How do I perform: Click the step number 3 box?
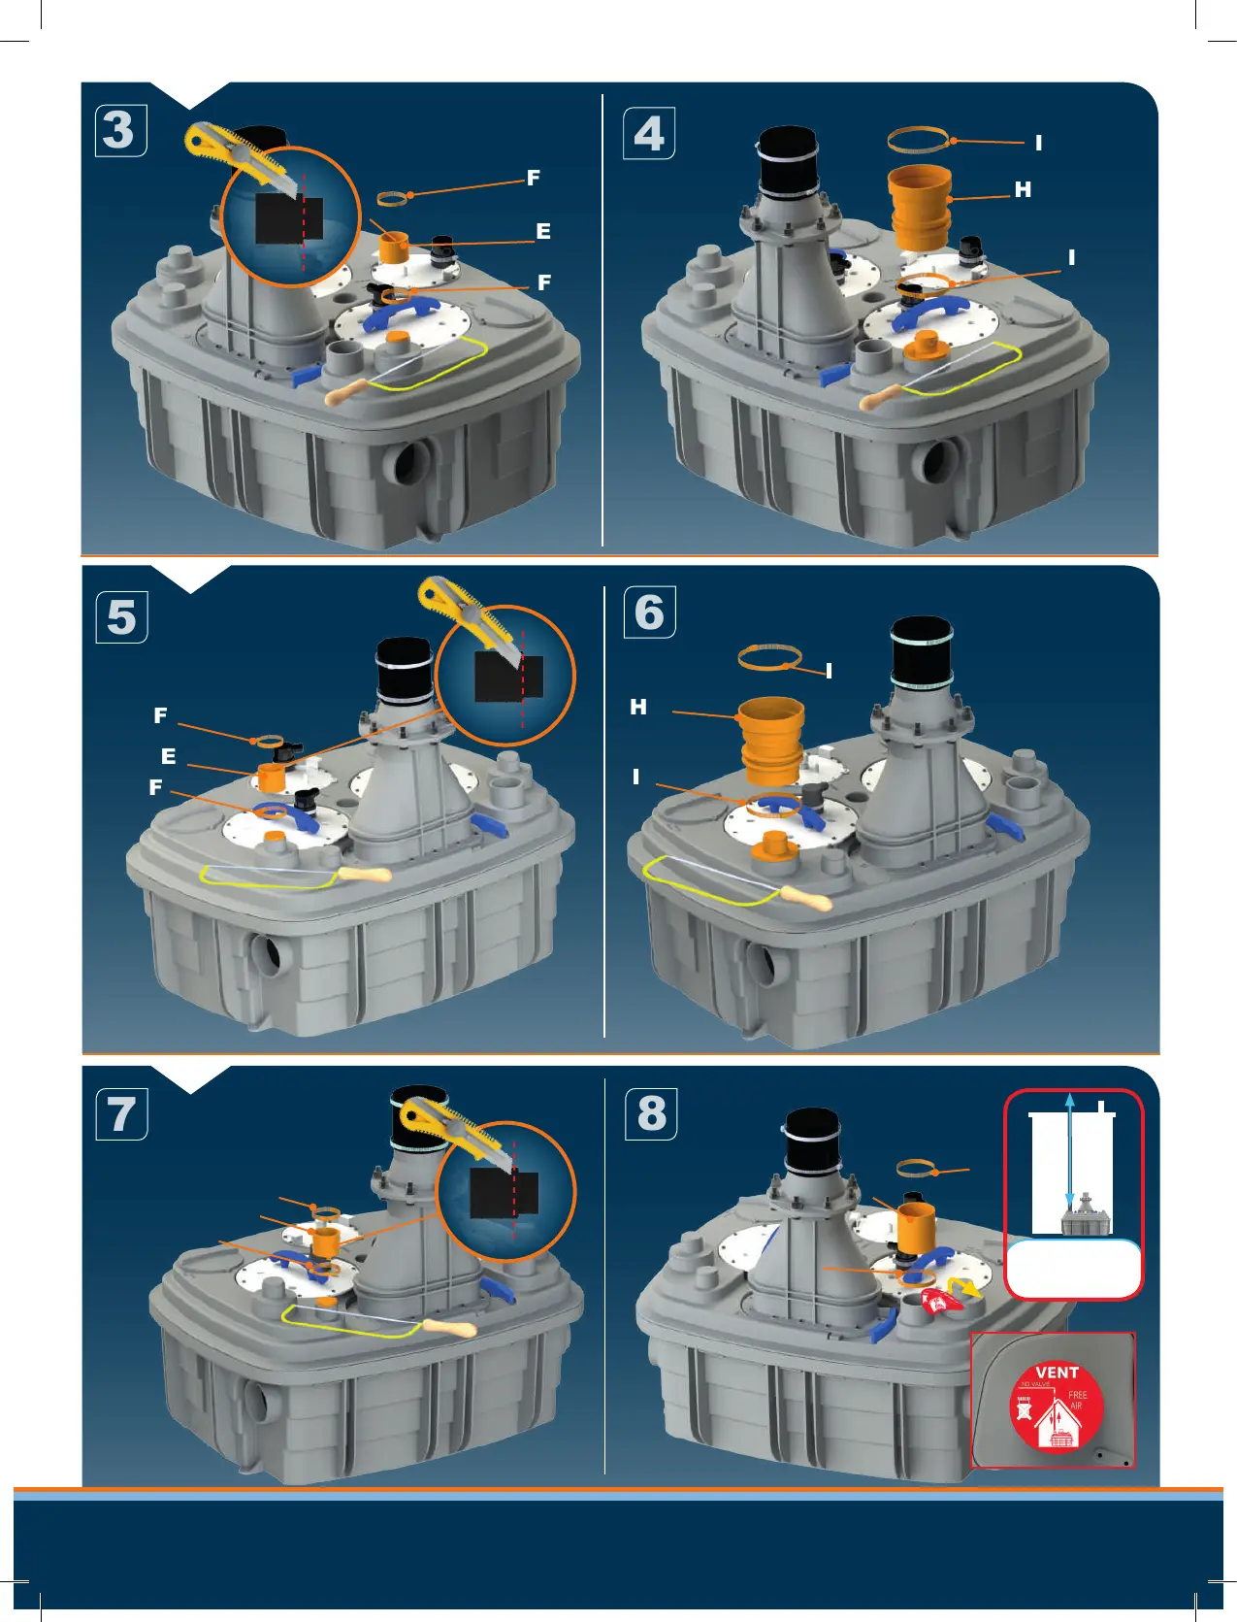pyautogui.click(x=120, y=130)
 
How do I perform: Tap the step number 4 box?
pyautogui.click(x=648, y=133)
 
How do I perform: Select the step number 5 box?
pyautogui.click(x=121, y=617)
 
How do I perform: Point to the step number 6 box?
pyautogui.click(x=648, y=612)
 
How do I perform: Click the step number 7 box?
pyautogui.click(x=121, y=1113)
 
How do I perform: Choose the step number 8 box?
pyautogui.click(x=651, y=1113)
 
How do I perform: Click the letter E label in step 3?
pyautogui.click(x=543, y=232)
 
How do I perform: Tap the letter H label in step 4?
pyautogui.click(x=1023, y=190)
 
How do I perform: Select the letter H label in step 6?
pyautogui.click(x=637, y=707)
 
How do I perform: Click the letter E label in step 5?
pyautogui.click(x=169, y=756)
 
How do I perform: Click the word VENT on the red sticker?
pyautogui.click(x=1057, y=1373)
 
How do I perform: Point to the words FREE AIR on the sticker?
pyautogui.click(x=1077, y=1400)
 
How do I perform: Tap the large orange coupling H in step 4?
pyautogui.click(x=919, y=207)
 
